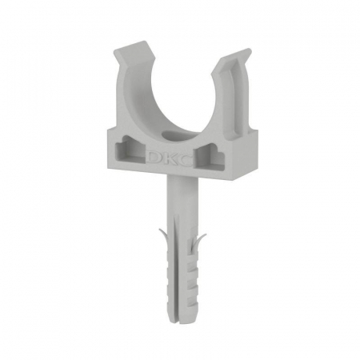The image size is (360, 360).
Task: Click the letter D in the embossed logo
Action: (x=154, y=158)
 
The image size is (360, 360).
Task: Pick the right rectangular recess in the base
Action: (x=210, y=158)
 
